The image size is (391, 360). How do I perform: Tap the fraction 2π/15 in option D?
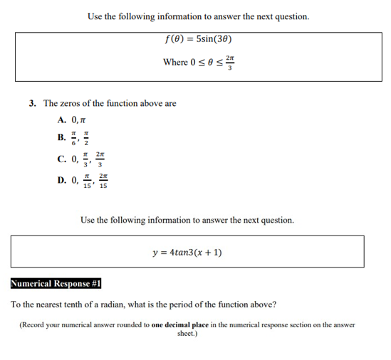click(105, 181)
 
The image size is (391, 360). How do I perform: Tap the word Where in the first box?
click(174, 62)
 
